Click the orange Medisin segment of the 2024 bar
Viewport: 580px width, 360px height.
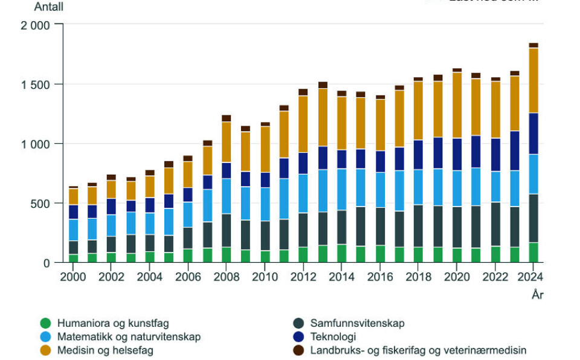point(533,80)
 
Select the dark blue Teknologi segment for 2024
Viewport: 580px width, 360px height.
point(533,133)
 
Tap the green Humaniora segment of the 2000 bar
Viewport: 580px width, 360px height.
point(74,258)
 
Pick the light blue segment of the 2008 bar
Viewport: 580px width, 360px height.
point(227,196)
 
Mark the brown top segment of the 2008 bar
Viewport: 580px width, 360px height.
point(227,118)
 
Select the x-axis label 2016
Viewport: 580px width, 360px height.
point(380,277)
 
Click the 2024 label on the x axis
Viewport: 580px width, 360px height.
point(533,277)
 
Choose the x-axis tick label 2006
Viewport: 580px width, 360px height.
point(188,277)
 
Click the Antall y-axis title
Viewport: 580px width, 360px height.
point(48,8)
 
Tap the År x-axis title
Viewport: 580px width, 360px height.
point(537,295)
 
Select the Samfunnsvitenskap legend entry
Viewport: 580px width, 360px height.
point(357,323)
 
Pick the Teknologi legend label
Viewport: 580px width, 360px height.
point(333,336)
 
